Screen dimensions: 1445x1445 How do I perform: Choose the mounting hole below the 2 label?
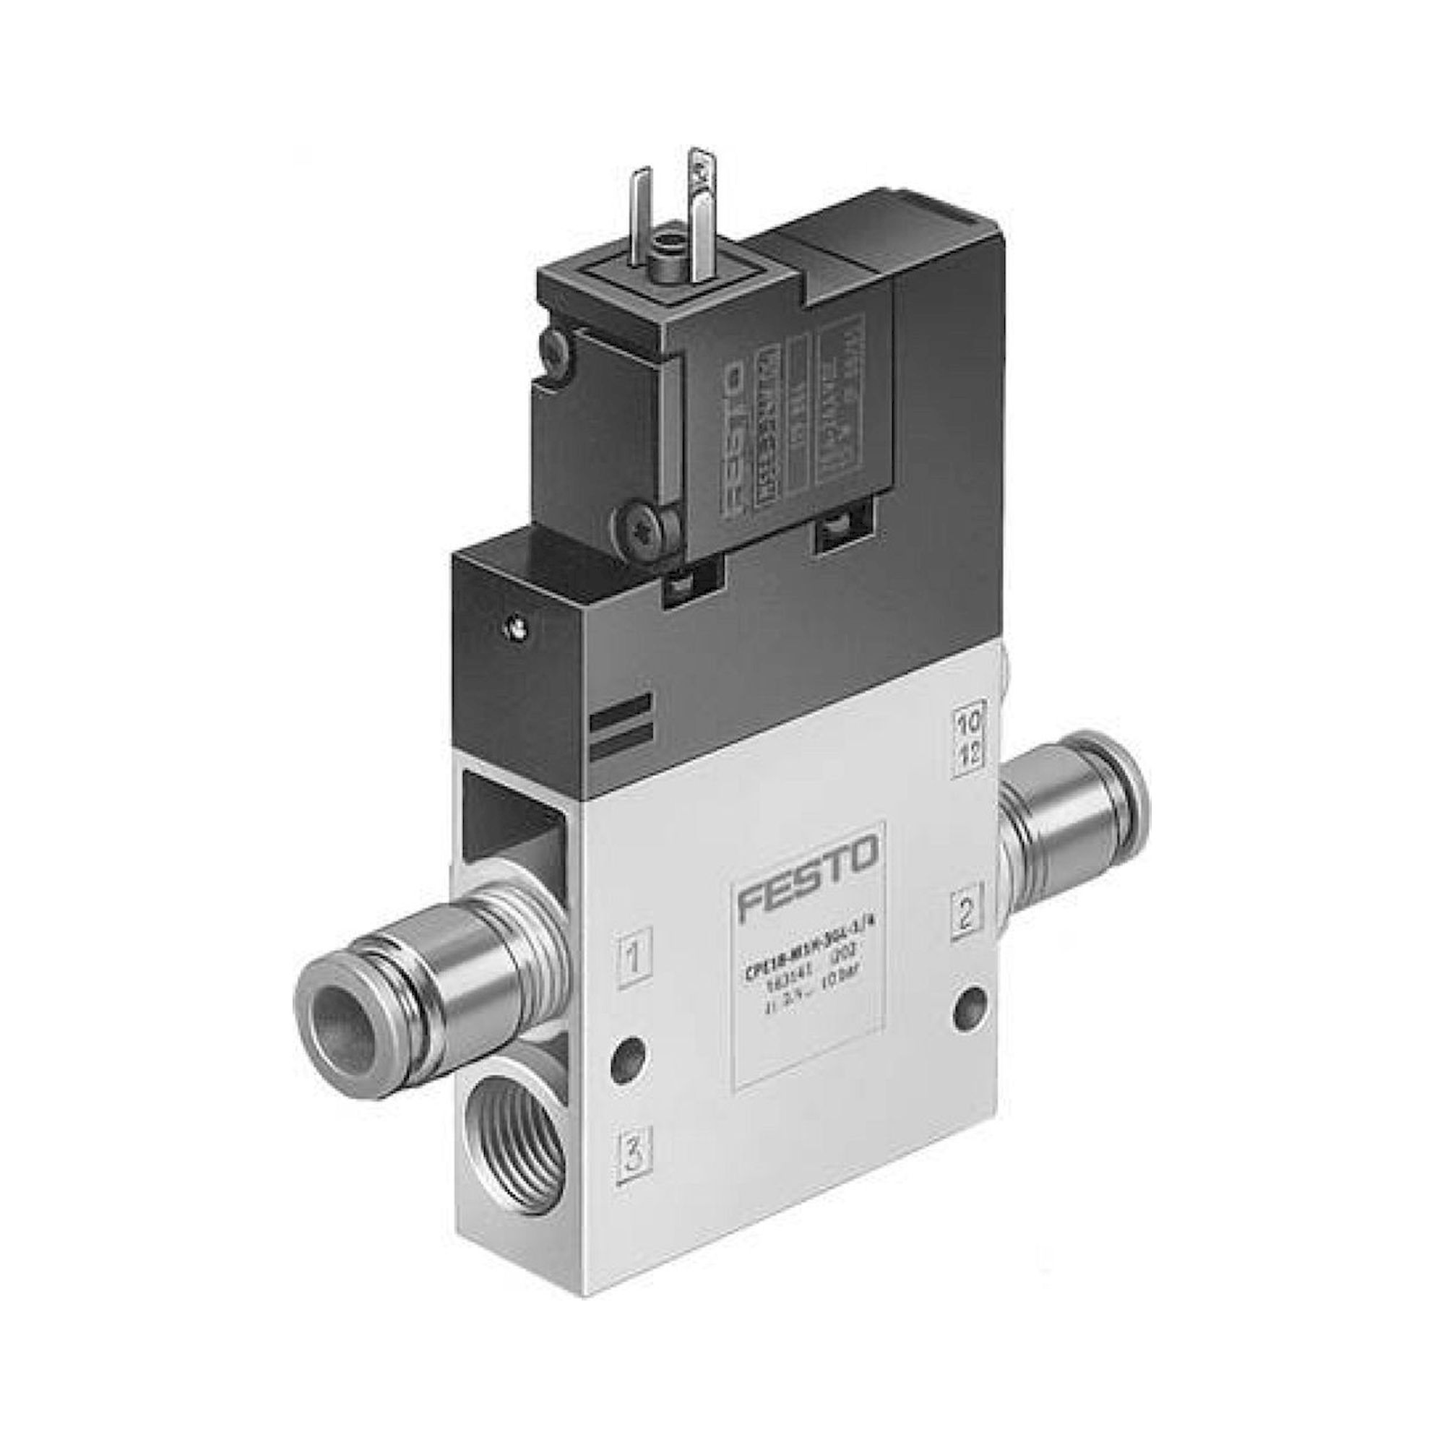pyautogui.click(x=971, y=999)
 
